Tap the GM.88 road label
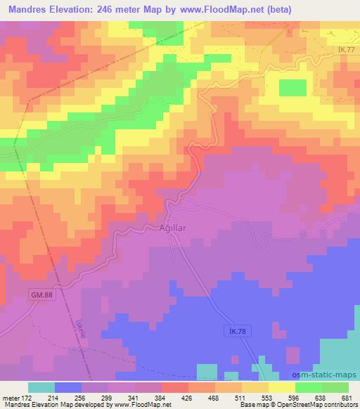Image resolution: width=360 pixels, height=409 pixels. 41,296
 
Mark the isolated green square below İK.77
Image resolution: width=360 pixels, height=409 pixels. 292,88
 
